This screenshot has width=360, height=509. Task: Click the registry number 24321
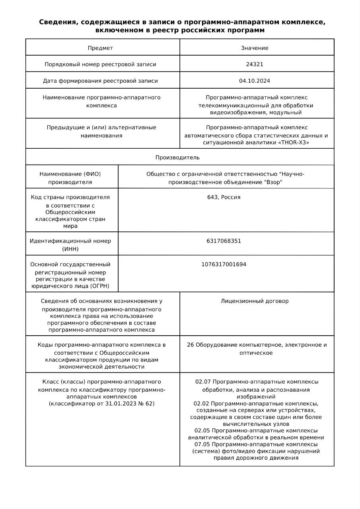pyautogui.click(x=255, y=64)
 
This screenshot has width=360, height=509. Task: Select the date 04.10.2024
pyautogui.click(x=255, y=81)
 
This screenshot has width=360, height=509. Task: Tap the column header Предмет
pyautogui.click(x=100, y=48)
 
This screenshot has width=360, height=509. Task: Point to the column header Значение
pyautogui.click(x=255, y=48)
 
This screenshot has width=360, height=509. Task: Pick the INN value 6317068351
pyautogui.click(x=224, y=241)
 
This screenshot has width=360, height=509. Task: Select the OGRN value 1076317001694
pyautogui.click(x=224, y=264)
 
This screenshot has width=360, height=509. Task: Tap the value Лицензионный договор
pyautogui.click(x=255, y=301)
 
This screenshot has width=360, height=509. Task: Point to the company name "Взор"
pyautogui.click(x=274, y=183)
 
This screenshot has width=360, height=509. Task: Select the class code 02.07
pyautogui.click(x=202, y=382)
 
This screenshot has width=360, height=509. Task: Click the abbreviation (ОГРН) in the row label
pyautogui.click(x=99, y=286)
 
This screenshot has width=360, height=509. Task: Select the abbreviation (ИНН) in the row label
pyautogui.click(x=70, y=249)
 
